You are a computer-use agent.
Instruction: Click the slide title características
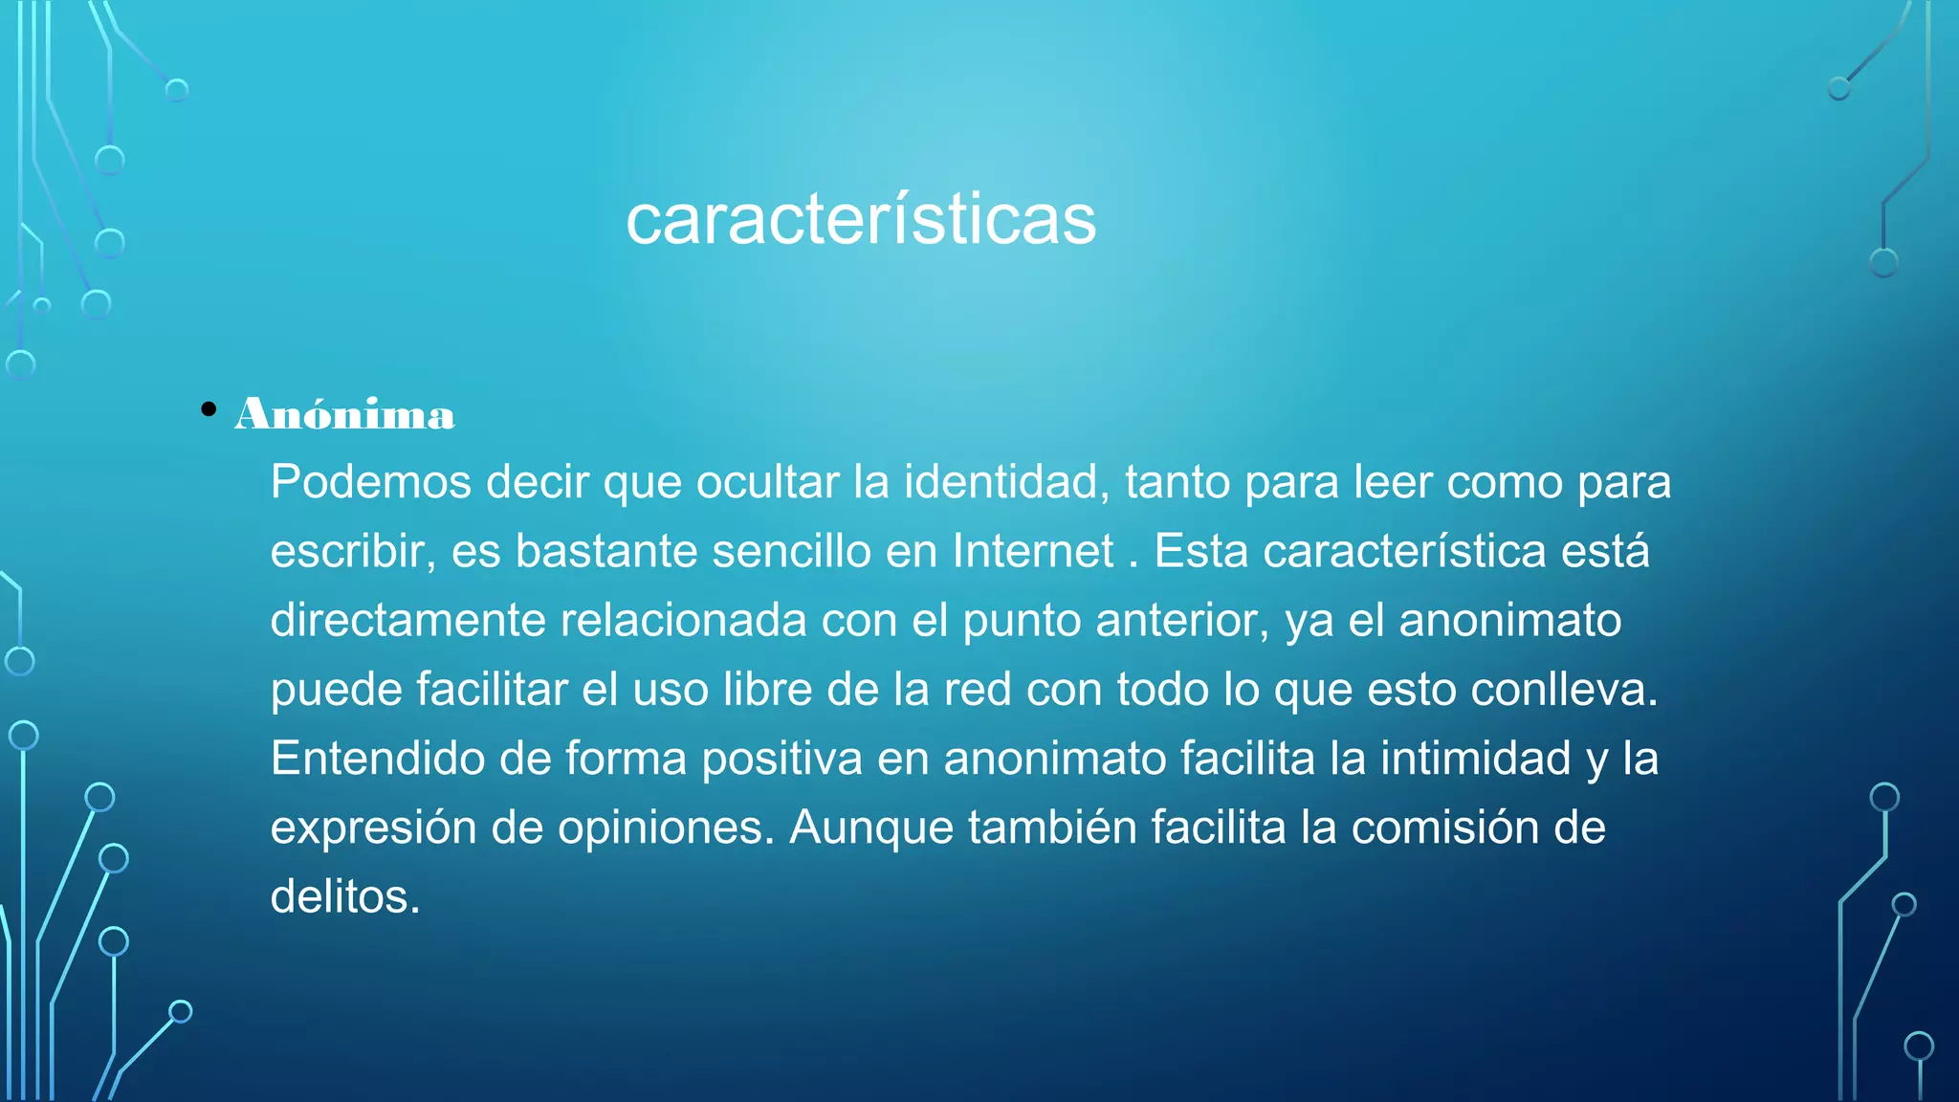click(x=861, y=220)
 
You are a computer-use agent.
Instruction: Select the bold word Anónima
click(x=345, y=414)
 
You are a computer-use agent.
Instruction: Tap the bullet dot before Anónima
click(x=209, y=410)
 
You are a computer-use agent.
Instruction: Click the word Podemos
click(x=371, y=481)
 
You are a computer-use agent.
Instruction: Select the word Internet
click(x=1033, y=551)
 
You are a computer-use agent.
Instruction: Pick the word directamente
click(x=407, y=620)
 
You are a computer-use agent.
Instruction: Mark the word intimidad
click(x=1475, y=759)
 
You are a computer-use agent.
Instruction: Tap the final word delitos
click(x=344, y=897)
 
